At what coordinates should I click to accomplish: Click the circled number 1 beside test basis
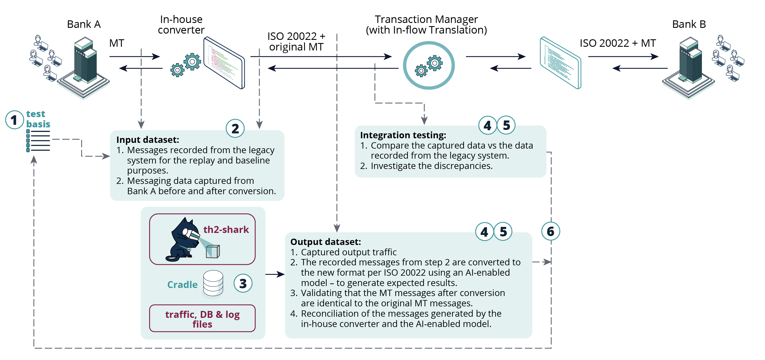click(14, 120)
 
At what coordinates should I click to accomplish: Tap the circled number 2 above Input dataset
click(235, 129)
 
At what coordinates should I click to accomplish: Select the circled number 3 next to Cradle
click(243, 283)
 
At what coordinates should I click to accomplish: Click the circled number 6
click(550, 231)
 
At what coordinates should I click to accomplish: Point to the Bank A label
click(84, 24)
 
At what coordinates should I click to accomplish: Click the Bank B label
click(689, 24)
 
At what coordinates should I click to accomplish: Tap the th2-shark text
click(226, 229)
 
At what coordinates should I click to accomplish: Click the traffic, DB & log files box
click(202, 318)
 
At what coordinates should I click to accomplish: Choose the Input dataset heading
click(148, 140)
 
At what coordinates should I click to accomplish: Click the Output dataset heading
click(326, 242)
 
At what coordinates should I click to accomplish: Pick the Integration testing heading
click(403, 135)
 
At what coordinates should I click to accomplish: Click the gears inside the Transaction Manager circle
click(429, 66)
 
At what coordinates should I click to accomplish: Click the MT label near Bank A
click(116, 43)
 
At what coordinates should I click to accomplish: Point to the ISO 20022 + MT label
click(617, 43)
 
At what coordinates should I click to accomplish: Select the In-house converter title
click(181, 25)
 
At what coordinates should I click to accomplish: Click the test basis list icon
click(38, 141)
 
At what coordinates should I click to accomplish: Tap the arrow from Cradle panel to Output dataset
click(275, 274)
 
